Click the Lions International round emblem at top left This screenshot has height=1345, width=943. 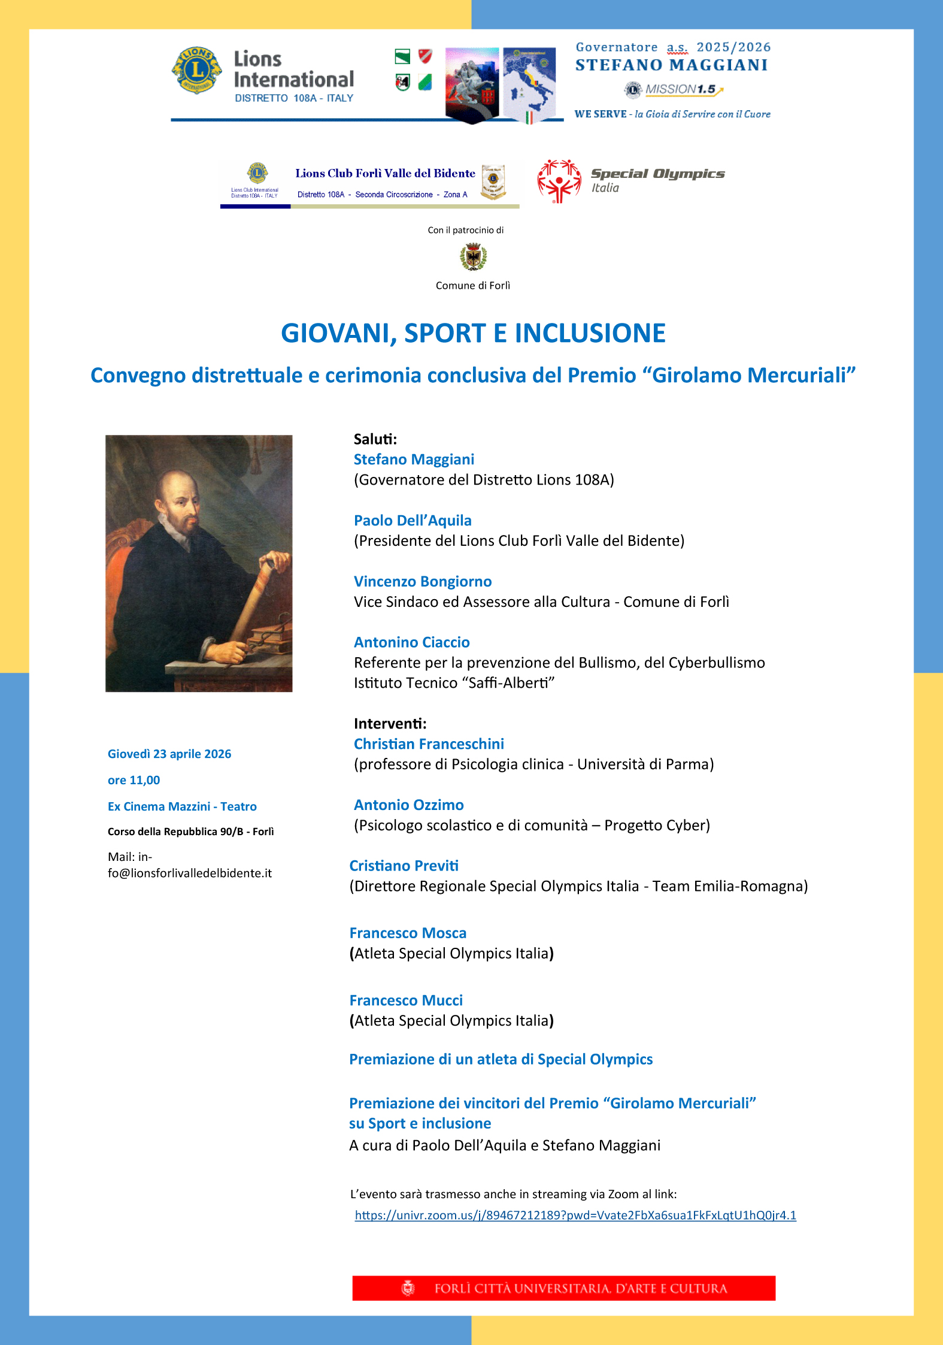(x=196, y=71)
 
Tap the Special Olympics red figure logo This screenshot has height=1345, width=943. (x=559, y=181)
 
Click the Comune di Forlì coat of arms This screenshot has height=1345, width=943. (x=473, y=257)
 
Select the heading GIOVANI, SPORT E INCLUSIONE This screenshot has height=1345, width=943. (x=473, y=333)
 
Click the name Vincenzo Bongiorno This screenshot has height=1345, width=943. (x=423, y=581)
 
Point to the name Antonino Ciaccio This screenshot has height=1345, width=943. (x=411, y=642)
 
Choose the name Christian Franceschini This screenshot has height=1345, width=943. (x=429, y=743)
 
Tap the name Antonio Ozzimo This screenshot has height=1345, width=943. (x=408, y=805)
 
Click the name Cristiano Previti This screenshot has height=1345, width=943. (x=404, y=865)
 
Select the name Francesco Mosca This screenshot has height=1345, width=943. (x=408, y=933)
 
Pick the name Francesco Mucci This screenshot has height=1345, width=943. (x=406, y=1000)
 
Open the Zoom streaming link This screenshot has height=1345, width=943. (x=575, y=1215)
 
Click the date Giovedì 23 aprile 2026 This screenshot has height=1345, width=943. (x=169, y=754)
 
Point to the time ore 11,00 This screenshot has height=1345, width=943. (x=134, y=780)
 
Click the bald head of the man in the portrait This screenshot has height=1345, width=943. (x=178, y=486)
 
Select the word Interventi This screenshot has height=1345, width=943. (x=390, y=723)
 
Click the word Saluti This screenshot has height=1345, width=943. (x=375, y=439)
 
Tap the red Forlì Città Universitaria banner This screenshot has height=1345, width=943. (x=563, y=1288)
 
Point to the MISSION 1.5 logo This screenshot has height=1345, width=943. (x=674, y=89)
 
